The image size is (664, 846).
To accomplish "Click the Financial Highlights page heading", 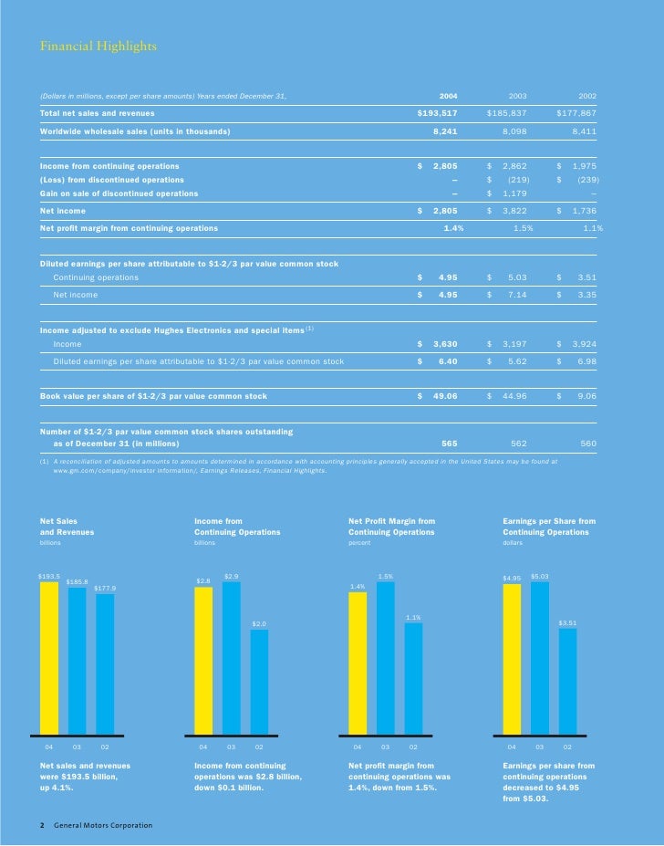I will point(98,47).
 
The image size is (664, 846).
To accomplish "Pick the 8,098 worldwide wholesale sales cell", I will point(518,131).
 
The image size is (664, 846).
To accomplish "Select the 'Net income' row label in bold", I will point(63,211).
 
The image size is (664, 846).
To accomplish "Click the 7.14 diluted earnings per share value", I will point(520,295).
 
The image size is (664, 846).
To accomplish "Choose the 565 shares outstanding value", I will point(449,443).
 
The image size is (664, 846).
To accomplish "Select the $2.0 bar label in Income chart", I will point(259,623).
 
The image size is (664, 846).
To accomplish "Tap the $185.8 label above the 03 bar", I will point(77,581).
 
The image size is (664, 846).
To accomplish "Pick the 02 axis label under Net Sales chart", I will point(105,747).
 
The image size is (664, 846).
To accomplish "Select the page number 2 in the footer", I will point(42,826).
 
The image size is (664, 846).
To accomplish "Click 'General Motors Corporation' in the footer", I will point(103,826).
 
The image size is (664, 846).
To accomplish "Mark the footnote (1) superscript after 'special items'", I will point(310,328).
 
